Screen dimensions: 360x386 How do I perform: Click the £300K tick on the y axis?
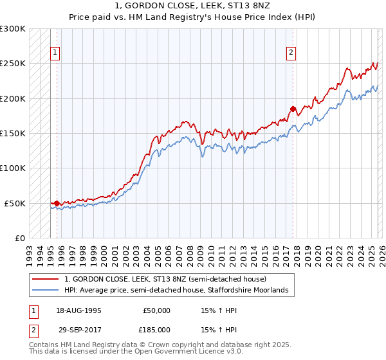coord(13,29)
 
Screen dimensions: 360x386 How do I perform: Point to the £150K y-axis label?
coord(13,134)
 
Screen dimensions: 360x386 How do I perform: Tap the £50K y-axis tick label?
coord(15,203)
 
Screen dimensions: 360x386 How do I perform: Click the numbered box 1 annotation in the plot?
coord(55,53)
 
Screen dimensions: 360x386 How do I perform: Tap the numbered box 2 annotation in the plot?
coord(291,53)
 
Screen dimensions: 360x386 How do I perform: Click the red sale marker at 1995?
coord(57,203)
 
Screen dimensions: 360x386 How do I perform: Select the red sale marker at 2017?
coord(293,109)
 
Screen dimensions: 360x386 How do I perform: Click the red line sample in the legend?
coord(46,280)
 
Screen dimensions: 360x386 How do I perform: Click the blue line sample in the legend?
coord(46,291)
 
